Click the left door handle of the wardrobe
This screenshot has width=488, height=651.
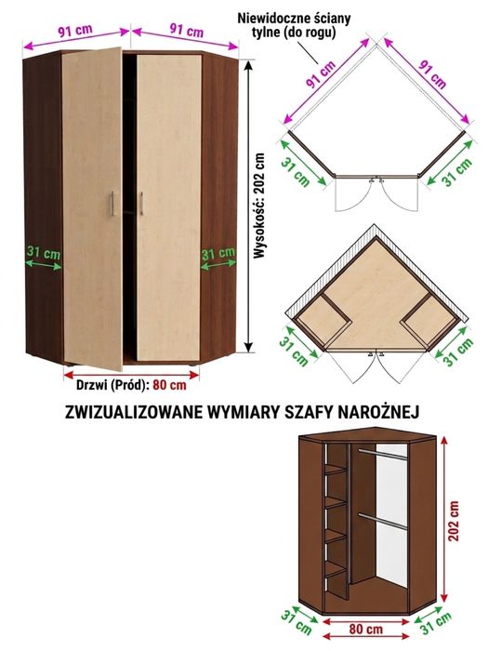point(112,204)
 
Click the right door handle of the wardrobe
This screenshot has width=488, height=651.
point(141,204)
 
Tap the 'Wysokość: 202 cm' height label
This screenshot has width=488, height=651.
point(259,206)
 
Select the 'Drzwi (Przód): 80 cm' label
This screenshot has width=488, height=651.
point(132,385)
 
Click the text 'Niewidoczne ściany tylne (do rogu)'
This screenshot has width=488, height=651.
point(294,25)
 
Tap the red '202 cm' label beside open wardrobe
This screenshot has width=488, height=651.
point(455,521)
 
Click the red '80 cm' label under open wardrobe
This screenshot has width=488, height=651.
point(365,629)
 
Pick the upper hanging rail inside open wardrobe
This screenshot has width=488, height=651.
point(383,454)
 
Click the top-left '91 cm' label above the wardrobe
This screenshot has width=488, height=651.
point(75,31)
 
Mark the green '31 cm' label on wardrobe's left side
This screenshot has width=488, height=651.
point(44,252)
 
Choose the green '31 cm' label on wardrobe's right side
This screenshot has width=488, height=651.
point(218,253)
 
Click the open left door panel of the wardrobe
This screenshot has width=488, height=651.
point(92,207)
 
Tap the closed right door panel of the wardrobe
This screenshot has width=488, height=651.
point(169,207)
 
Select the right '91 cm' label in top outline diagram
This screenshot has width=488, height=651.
point(433,73)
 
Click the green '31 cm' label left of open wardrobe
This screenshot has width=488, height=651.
point(296,622)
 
